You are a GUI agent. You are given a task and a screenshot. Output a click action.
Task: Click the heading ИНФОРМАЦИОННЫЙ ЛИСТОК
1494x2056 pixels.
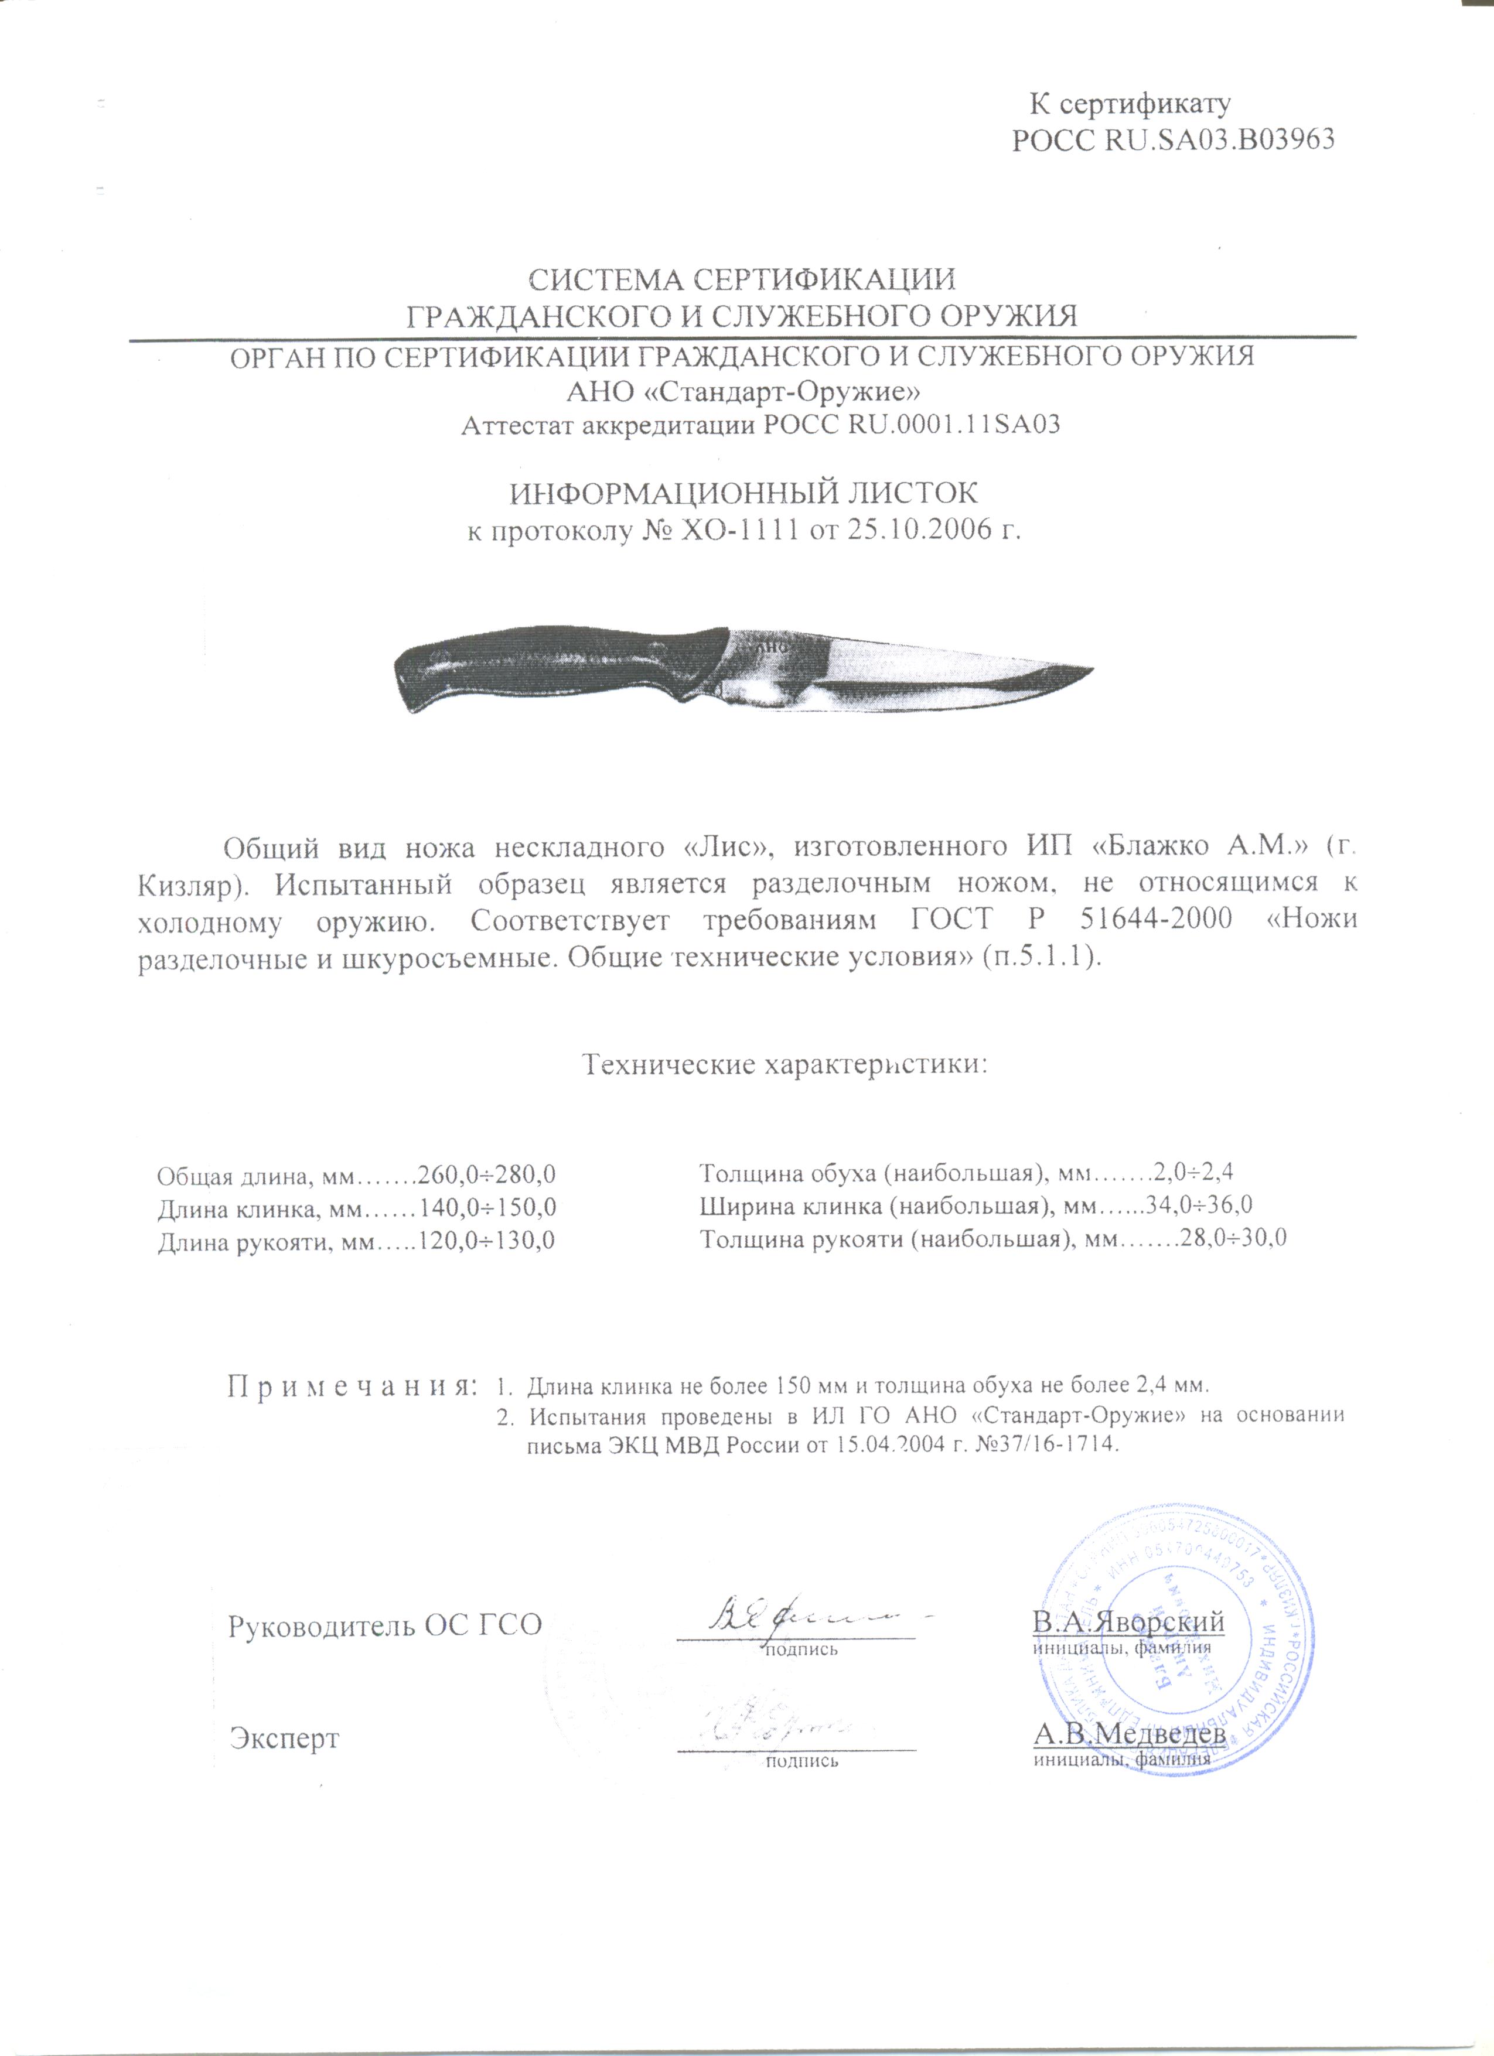(743, 494)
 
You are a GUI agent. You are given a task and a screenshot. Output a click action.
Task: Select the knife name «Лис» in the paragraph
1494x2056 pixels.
(725, 846)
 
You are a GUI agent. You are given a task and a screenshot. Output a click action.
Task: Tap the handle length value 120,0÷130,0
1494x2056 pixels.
(485, 1241)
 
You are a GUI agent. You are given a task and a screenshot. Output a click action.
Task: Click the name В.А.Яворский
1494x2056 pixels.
(1128, 1621)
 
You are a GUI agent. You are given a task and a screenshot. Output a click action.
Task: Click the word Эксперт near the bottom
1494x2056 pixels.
(284, 1738)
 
